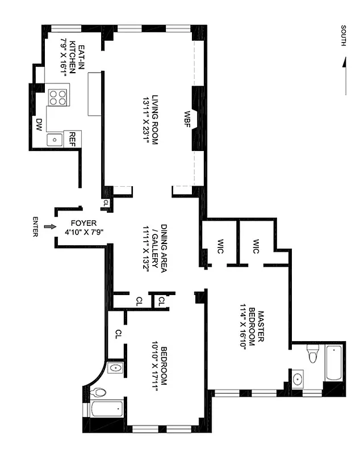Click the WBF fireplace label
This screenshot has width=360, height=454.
(x=187, y=119)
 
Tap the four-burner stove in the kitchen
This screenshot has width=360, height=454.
(x=58, y=98)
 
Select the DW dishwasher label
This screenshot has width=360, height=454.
(x=39, y=124)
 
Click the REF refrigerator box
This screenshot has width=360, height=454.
(x=73, y=139)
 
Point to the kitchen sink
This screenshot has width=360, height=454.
(x=55, y=140)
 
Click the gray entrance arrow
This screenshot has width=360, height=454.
(x=50, y=226)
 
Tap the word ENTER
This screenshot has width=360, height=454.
(x=35, y=226)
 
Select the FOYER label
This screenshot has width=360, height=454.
(x=83, y=223)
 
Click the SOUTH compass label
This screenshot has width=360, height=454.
(x=343, y=36)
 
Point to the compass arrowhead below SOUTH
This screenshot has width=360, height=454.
(x=344, y=62)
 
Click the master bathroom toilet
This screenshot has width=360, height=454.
(x=313, y=353)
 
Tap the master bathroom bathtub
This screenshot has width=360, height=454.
(x=334, y=363)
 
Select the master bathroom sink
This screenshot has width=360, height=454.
(x=298, y=379)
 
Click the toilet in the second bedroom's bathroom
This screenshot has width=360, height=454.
(x=98, y=393)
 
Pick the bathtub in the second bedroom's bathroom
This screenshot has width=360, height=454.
(x=107, y=409)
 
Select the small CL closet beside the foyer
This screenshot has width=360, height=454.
(x=106, y=203)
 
